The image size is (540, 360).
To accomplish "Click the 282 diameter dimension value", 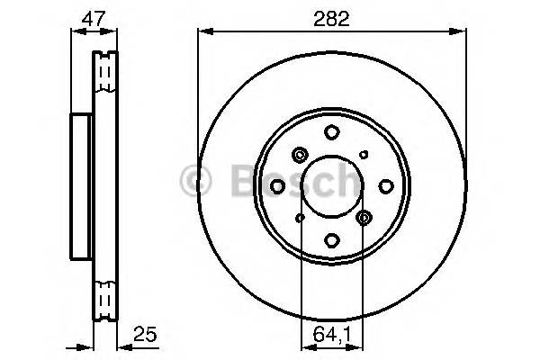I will (x=332, y=18).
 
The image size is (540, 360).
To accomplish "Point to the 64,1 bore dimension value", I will (x=332, y=335).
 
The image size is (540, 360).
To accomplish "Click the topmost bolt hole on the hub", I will (x=332, y=132).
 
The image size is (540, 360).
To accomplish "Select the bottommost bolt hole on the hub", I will (x=332, y=239).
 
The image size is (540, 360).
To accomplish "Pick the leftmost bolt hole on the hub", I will (x=278, y=185).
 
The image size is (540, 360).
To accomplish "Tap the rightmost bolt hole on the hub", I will (x=386, y=185).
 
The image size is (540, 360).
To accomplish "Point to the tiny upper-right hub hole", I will (x=364, y=155).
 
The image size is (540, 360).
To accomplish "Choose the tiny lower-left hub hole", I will (x=301, y=217).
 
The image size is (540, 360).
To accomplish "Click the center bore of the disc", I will (x=332, y=185).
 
